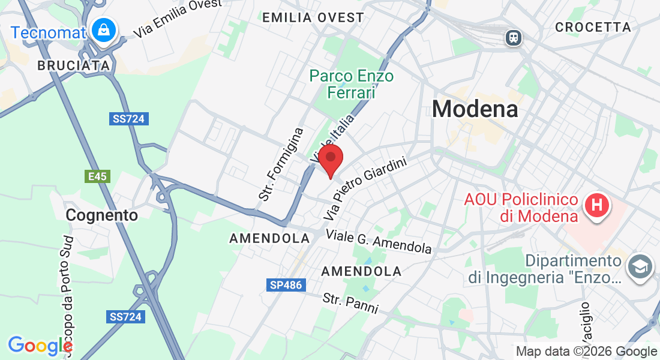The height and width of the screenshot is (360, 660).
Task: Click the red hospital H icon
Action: (x=597, y=206)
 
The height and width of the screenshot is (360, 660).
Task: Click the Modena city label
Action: (x=475, y=109)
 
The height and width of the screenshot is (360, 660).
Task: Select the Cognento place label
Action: (x=101, y=215)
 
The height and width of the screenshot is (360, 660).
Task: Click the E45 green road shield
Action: (x=97, y=176)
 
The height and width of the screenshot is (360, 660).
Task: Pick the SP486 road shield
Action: (x=284, y=285)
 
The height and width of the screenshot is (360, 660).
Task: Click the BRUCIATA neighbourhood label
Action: (x=74, y=65)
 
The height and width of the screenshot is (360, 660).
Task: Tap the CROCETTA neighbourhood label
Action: (x=593, y=27)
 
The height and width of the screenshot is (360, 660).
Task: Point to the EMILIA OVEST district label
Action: (x=313, y=17)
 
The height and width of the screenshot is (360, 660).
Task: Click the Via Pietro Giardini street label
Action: (x=364, y=187)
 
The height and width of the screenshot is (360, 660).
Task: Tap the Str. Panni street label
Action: (x=350, y=302)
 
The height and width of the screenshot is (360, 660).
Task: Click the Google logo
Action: (x=40, y=346)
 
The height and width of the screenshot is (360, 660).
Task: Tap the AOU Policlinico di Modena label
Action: (x=521, y=208)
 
